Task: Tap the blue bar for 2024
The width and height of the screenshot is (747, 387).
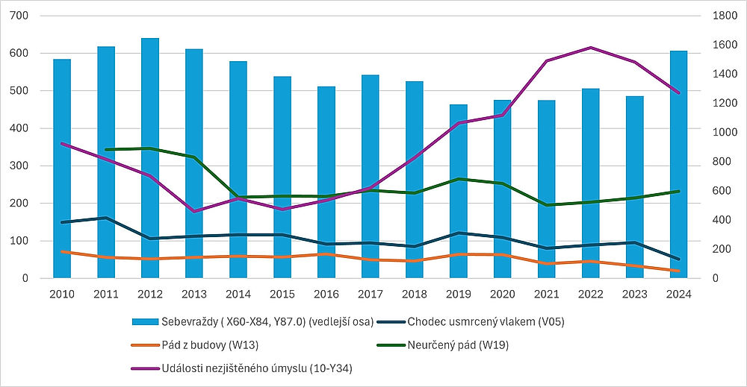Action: (x=678, y=164)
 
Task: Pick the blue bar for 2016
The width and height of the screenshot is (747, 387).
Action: (x=326, y=182)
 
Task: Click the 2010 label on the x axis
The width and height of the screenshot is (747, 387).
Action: (x=62, y=295)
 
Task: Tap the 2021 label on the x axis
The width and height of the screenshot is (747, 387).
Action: (x=546, y=295)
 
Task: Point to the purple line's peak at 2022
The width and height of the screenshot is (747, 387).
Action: (x=590, y=48)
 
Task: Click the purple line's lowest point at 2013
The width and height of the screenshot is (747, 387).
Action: (x=194, y=212)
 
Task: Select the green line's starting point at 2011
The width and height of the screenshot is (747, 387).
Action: (x=106, y=150)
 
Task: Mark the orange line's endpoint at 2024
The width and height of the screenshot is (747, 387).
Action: (x=678, y=271)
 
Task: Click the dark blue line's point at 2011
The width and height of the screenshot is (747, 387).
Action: (x=106, y=218)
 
